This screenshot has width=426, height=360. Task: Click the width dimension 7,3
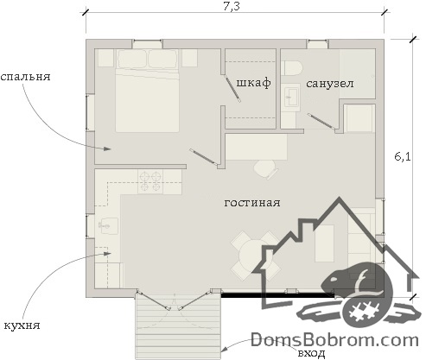pyautogui.click(x=232, y=7)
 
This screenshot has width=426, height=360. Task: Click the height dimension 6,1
pyautogui.click(x=403, y=157)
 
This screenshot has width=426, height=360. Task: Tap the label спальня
pyautogui.click(x=25, y=77)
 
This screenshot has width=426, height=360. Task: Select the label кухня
pyautogui.click(x=22, y=325)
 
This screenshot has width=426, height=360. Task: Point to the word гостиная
pyautogui.click(x=252, y=203)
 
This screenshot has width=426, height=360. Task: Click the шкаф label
pyautogui.click(x=254, y=83)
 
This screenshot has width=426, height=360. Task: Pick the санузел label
pyautogui.click(x=330, y=84)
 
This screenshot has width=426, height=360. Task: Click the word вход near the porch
pyautogui.click(x=311, y=353)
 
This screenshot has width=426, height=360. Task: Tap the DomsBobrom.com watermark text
pyautogui.click(x=334, y=340)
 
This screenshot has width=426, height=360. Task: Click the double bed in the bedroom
pyautogui.click(x=147, y=91)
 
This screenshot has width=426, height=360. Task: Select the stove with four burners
pyautogui.click(x=150, y=181)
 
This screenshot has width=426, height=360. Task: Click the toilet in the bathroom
pyautogui.click(x=292, y=68)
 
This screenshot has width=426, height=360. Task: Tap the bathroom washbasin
pyautogui.click(x=291, y=98)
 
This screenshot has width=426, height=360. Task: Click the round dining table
pyautogui.click(x=254, y=256)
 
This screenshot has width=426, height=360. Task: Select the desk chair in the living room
pyautogui.click(x=266, y=169)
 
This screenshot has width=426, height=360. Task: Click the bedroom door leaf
pyautogui.click(x=204, y=157)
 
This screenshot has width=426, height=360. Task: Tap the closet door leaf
pyautogui.click(x=232, y=89)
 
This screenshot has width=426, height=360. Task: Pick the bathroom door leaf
pyautogui.click(x=321, y=121)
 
